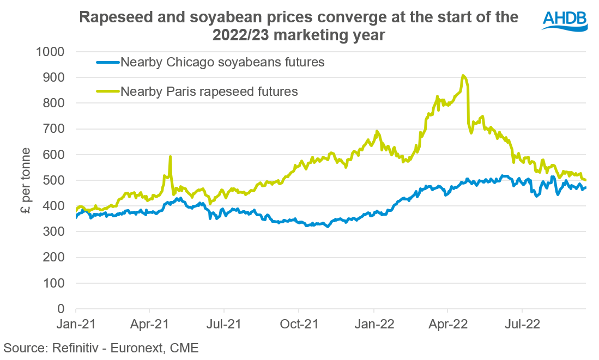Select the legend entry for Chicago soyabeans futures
222,62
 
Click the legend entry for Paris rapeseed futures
209,91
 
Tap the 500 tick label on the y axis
54,180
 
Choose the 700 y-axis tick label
54,129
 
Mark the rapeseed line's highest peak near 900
463,76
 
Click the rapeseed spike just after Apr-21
171,157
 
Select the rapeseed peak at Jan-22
377,131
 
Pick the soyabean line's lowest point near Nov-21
327,227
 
